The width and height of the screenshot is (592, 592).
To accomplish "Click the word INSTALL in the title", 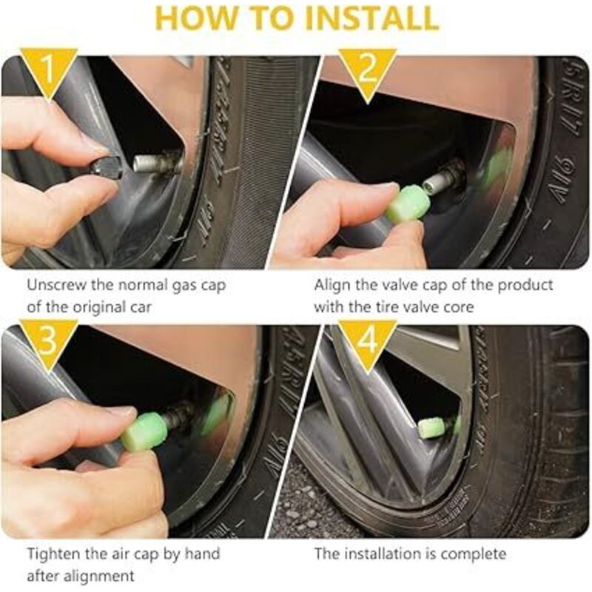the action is (x=371, y=18).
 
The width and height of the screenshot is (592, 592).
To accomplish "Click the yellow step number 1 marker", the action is (x=48, y=70).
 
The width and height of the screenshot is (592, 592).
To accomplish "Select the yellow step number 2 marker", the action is (x=367, y=72).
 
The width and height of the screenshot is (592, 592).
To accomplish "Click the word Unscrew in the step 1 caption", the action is (x=56, y=285).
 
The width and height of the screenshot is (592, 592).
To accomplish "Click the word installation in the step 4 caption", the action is (x=391, y=554).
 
